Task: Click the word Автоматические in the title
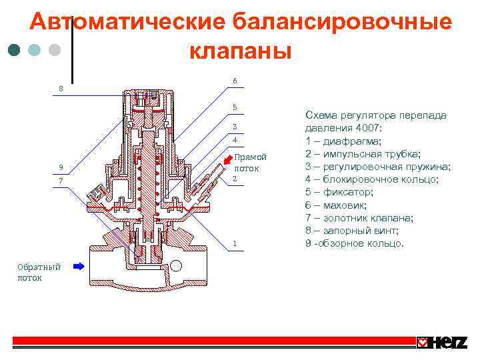point(127,23)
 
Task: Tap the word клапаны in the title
point(241,50)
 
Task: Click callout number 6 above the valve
point(235,81)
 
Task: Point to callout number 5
point(235,107)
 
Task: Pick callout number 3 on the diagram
point(235,127)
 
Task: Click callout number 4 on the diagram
point(235,140)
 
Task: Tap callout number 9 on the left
point(61,167)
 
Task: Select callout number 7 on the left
point(61,181)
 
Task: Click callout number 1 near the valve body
point(235,243)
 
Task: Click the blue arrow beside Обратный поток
point(79,266)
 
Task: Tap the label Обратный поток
point(39,272)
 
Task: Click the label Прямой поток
point(250,162)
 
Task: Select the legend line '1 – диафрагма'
point(344,141)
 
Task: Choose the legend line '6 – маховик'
point(339,205)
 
